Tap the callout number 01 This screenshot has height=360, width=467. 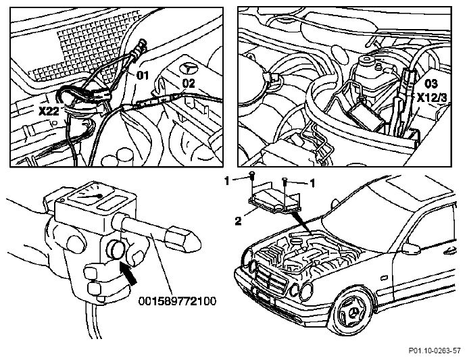143,76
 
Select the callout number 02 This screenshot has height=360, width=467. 189,83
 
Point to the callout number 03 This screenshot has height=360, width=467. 431,84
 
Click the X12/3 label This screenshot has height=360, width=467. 432,98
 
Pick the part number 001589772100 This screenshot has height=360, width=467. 178,301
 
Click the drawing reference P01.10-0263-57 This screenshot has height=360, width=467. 435,351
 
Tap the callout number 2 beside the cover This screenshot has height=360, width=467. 238,222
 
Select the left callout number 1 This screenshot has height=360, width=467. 228,180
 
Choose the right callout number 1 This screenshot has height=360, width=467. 312,184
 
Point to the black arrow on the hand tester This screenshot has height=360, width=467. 128,273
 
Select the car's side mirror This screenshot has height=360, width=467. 410,249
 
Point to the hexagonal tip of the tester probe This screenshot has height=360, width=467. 184,238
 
